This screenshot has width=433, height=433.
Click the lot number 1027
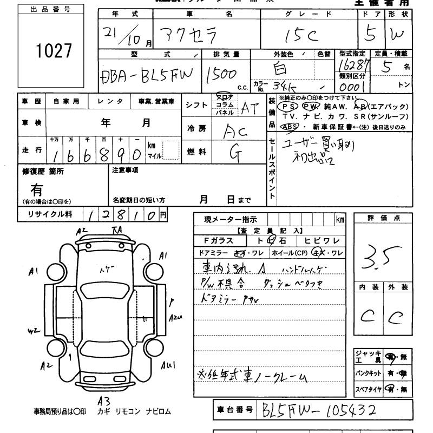pyautogui.click(x=53, y=51)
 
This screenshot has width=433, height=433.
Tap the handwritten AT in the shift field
pyautogui.click(x=248, y=108)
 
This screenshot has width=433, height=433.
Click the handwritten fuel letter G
pyautogui.click(x=235, y=153)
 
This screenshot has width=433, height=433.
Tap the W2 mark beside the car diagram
pyautogui.click(x=34, y=330)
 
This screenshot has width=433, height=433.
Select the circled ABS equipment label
pyautogui.click(x=290, y=127)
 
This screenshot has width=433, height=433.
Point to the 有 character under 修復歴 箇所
pyautogui.click(x=37, y=189)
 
